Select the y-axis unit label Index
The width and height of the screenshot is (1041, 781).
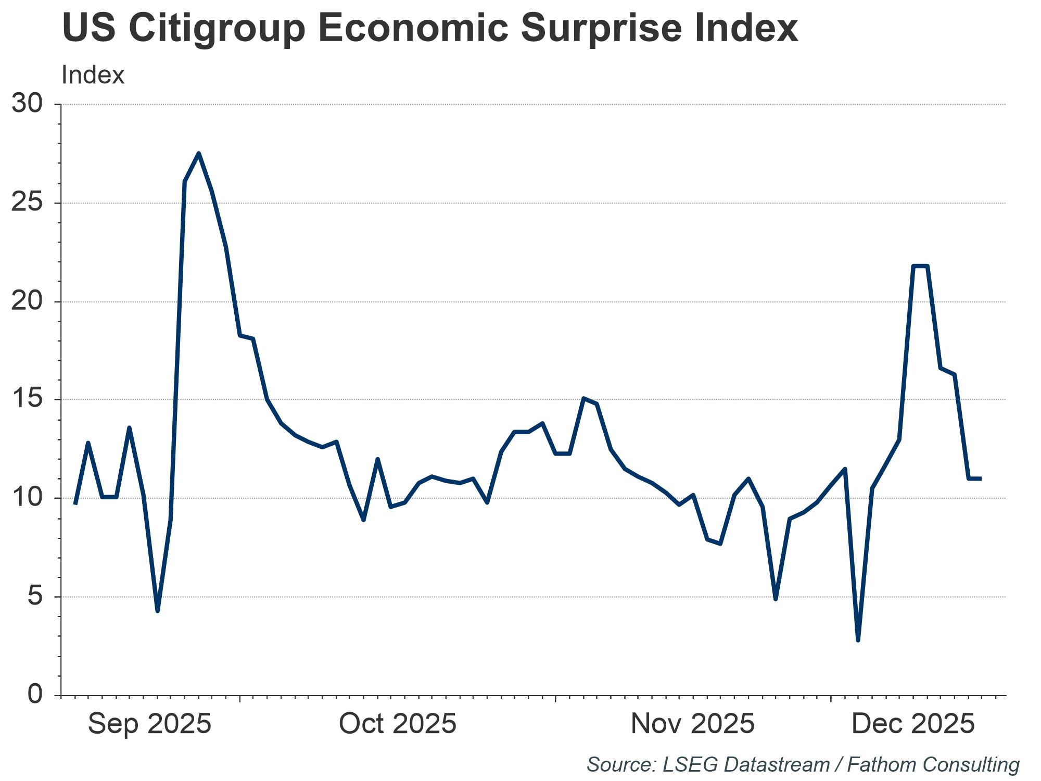[93, 75]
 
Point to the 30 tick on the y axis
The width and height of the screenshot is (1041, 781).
[27, 104]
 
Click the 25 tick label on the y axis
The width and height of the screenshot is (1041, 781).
[27, 203]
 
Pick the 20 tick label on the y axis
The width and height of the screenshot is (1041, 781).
[27, 301]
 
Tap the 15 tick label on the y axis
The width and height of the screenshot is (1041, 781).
[27, 399]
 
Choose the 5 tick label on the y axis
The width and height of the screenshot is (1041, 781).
[35, 596]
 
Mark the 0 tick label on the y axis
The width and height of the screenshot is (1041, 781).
[35, 695]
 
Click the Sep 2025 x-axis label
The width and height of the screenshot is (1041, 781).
[150, 724]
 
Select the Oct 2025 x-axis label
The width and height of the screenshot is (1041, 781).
[398, 724]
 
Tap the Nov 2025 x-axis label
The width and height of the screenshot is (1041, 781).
[693, 724]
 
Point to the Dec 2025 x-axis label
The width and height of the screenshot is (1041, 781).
[913, 724]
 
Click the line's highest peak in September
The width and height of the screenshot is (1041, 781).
[199, 153]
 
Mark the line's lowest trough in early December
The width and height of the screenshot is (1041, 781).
[858, 640]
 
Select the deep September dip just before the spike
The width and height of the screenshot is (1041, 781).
[157, 611]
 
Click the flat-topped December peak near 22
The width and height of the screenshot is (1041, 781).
[920, 266]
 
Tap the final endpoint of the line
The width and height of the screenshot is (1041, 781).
[981, 478]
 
